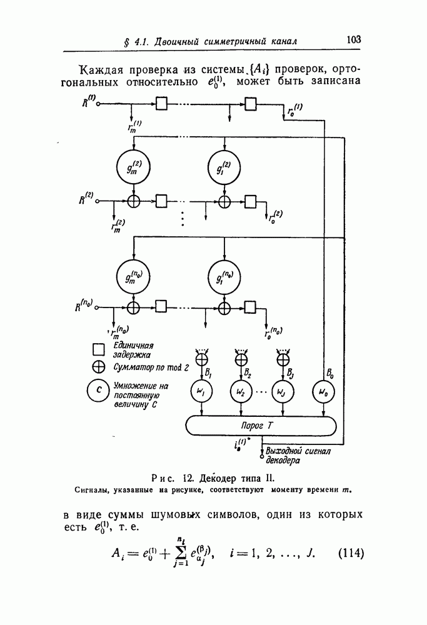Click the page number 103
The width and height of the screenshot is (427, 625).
click(353, 39)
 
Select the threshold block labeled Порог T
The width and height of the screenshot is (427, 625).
click(263, 426)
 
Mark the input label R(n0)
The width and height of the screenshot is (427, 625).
click(84, 306)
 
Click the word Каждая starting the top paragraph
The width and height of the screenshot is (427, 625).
click(104, 68)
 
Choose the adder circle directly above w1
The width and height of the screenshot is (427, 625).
click(202, 359)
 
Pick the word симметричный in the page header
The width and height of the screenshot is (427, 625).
click(238, 41)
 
